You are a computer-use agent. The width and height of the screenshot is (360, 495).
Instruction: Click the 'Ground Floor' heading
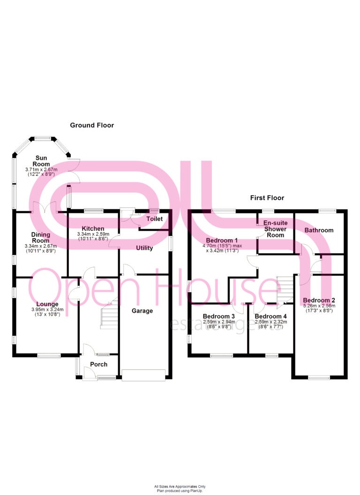point(92,125)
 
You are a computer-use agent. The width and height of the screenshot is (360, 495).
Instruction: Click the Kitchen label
point(93,228)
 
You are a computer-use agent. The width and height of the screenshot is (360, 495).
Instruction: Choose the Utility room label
point(144,248)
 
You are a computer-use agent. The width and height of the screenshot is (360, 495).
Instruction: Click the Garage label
point(142,311)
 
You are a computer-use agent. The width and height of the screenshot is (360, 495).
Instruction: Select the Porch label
point(98,364)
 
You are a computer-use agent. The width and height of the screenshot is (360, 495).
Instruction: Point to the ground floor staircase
point(109,313)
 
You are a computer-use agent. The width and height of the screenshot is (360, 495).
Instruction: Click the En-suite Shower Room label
point(275,229)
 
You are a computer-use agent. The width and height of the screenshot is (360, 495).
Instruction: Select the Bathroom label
point(319,230)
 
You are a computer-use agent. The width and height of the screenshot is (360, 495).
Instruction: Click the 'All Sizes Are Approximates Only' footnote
point(180,486)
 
